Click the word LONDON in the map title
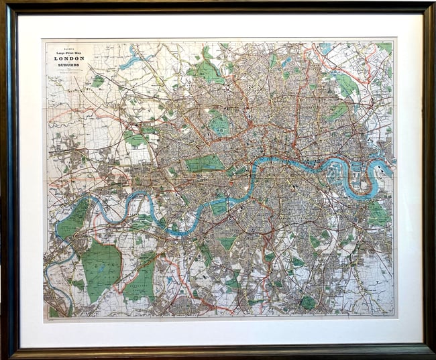[69, 58]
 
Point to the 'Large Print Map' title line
[69, 51]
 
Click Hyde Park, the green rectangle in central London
[205, 164]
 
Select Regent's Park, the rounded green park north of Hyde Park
[218, 124]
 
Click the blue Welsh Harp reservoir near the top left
[131, 61]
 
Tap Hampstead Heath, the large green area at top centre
[207, 70]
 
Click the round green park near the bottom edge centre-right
[307, 302]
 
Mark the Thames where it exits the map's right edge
[392, 162]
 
